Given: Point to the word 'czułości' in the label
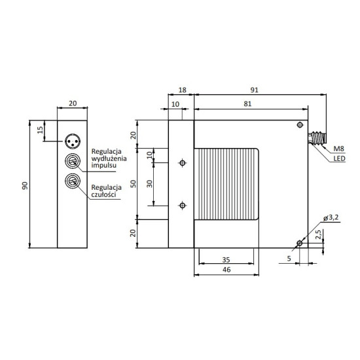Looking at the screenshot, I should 106,194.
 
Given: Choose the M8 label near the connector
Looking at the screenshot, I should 339,149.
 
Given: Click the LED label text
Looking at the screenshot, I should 339,158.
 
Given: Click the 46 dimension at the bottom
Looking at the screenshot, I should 226,270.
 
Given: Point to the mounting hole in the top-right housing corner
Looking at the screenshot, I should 300,124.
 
